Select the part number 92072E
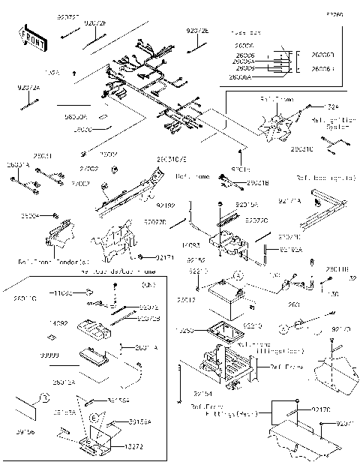[x=198, y=31]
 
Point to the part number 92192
[x=166, y=205]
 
